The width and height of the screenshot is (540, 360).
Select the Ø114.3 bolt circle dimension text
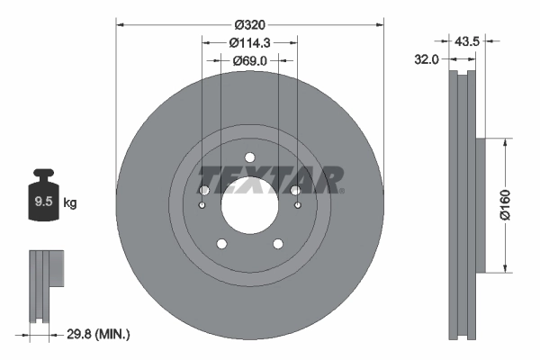[x=250, y=42]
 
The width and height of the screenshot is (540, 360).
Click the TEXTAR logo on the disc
[x=270, y=178]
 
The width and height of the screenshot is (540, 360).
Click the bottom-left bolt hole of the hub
[x=220, y=243]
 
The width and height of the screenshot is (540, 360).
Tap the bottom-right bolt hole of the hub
[x=278, y=243]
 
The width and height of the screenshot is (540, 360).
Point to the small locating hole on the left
[x=202, y=206]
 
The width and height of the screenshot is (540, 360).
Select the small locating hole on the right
[x=298, y=206]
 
